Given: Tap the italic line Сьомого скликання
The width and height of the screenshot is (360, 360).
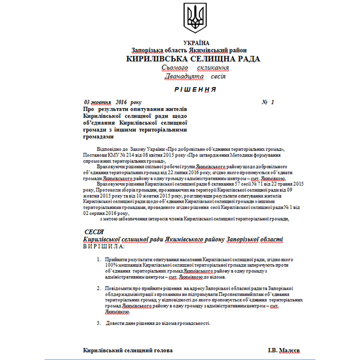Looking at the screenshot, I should tap(195, 68).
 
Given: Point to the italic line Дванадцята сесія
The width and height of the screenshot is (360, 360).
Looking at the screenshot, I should tap(195, 77).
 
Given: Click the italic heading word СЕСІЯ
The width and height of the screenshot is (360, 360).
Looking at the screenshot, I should tap(94, 232).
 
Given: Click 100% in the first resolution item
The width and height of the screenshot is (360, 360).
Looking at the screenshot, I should tap(111, 265).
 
